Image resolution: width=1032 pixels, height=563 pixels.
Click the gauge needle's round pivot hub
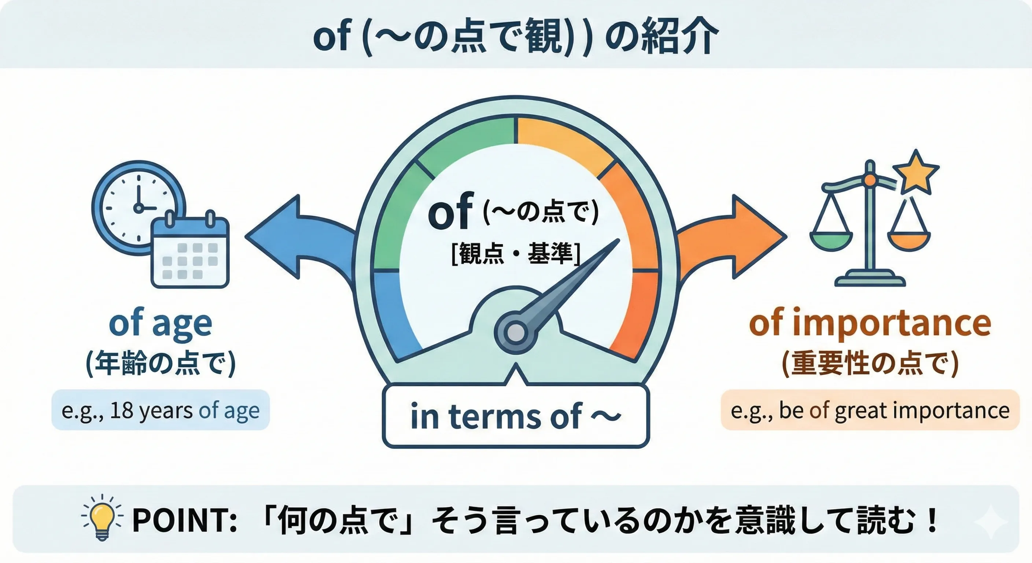pos(516,332)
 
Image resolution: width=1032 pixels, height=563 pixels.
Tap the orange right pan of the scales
pos(909,242)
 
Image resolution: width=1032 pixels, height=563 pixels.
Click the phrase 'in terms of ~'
pos(516,417)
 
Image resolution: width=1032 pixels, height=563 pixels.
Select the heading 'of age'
pos(160,324)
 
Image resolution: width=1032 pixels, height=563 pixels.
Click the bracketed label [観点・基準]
pos(516,254)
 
